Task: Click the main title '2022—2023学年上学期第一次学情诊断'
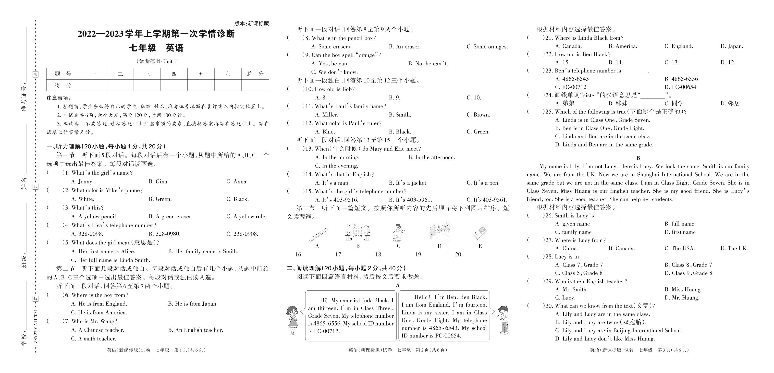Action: point(156,34)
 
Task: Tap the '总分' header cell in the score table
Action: point(255,74)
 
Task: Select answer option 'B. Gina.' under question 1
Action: point(159,182)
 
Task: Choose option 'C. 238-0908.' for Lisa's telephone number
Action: point(242,234)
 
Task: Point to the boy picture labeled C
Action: point(398,232)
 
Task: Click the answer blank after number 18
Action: point(396,255)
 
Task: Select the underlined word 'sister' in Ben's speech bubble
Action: point(441,313)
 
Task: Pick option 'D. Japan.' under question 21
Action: point(732,46)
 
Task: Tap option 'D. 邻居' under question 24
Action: point(730,104)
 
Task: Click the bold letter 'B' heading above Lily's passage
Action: point(638,158)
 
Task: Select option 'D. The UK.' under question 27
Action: point(734,249)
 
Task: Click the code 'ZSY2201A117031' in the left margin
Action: point(36,326)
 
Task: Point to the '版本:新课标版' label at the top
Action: point(251,24)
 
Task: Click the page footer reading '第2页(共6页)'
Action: point(431,350)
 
